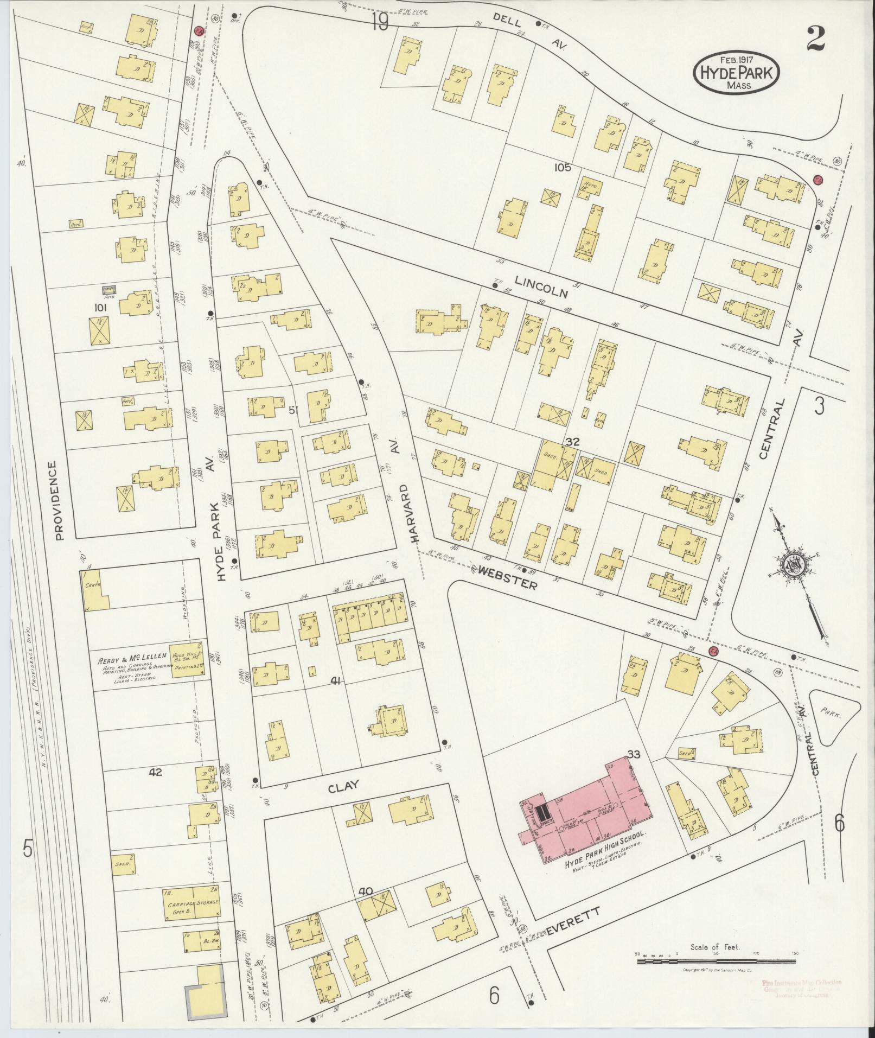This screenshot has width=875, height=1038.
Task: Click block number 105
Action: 562,168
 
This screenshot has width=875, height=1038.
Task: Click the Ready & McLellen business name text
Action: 132,661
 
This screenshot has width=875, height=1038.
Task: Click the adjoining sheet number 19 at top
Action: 381,23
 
